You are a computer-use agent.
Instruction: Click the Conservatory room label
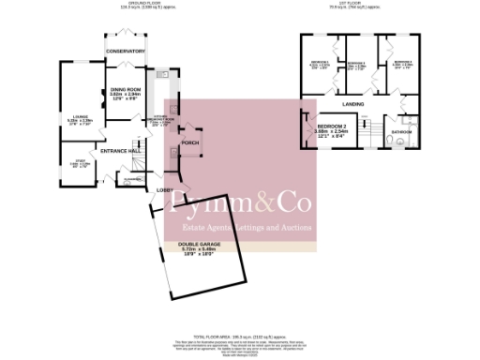126,51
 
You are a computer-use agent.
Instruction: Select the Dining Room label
125,90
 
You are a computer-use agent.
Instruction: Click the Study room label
74,163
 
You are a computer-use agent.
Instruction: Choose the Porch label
189,142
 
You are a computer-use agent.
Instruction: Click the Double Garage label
200,245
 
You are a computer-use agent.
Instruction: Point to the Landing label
352,103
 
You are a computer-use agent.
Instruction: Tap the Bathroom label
402,132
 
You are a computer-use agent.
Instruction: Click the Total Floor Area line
238,334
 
